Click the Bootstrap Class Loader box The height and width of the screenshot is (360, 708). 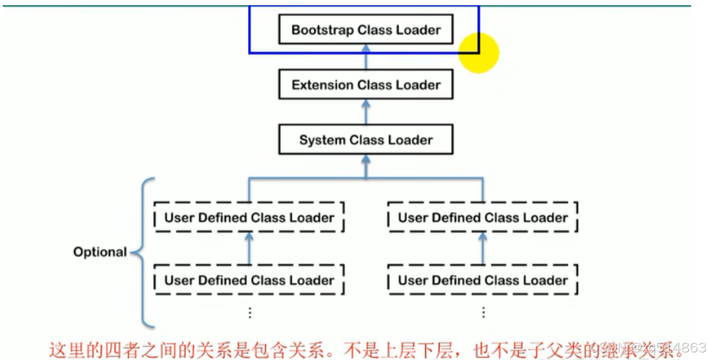click(x=366, y=29)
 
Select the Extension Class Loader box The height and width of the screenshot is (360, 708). click(x=366, y=85)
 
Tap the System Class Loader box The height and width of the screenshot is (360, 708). click(x=366, y=140)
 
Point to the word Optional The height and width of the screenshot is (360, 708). click(x=100, y=252)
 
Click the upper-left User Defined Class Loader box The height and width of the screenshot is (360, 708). click(x=249, y=218)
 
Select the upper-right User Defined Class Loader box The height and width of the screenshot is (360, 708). click(x=482, y=218)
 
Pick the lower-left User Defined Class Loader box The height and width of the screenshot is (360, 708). click(x=249, y=281)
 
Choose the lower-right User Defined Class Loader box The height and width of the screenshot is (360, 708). click(x=482, y=281)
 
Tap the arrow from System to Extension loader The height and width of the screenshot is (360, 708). click(x=366, y=112)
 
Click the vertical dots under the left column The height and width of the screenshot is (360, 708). click(x=250, y=313)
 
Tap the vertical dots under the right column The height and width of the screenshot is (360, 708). click(x=483, y=313)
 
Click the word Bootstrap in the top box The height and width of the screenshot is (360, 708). click(x=323, y=30)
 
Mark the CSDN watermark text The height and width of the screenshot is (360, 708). click(x=648, y=348)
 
